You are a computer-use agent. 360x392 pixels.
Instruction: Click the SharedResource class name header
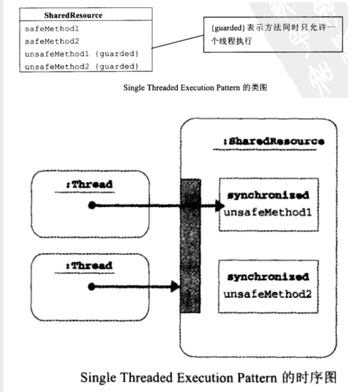(73, 15)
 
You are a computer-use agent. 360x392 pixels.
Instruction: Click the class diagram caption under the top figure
(195, 88)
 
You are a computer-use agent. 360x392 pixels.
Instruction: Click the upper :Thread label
(89, 184)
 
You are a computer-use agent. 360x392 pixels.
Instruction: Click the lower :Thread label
(89, 265)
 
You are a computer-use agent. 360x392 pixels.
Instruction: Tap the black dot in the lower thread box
(92, 286)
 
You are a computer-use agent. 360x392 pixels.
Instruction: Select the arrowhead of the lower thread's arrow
(174, 286)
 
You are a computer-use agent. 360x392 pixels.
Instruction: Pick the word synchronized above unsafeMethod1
(268, 196)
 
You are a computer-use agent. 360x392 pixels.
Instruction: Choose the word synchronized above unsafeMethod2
(268, 277)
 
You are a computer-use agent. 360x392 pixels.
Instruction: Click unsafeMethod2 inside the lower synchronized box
(268, 293)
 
